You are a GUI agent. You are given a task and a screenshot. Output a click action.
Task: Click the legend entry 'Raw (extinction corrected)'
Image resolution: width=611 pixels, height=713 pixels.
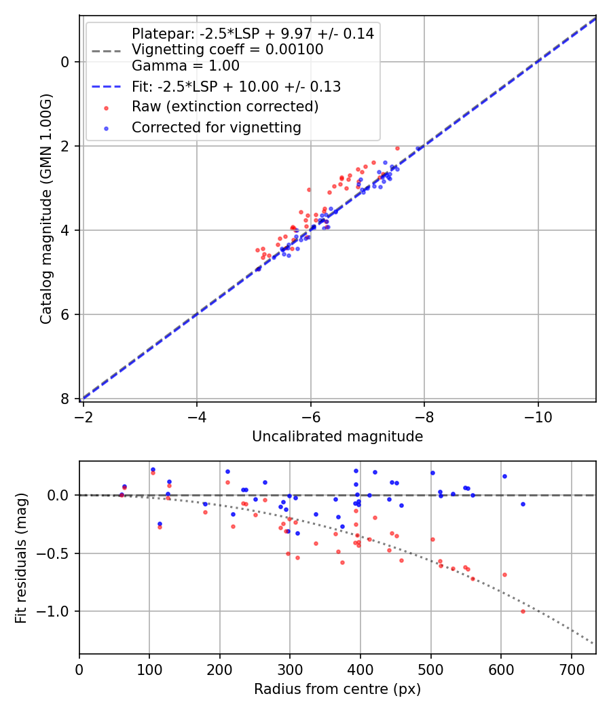225,107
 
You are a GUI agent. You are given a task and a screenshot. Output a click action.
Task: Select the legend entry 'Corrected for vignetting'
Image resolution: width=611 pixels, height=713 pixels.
216,127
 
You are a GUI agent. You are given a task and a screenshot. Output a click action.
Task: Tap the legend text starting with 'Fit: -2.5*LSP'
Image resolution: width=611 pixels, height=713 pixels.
236,86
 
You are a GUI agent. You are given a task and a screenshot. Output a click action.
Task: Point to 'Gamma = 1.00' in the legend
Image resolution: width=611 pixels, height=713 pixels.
185,66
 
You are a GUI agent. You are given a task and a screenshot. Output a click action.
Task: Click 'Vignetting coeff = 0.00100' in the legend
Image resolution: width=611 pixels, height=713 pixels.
227,50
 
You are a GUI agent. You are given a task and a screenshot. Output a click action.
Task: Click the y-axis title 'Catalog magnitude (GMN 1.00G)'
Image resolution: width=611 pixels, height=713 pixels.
45,209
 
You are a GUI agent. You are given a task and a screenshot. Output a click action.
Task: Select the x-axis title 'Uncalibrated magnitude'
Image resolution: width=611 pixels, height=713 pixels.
337,437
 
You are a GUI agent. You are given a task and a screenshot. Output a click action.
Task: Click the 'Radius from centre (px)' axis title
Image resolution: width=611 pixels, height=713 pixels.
337,689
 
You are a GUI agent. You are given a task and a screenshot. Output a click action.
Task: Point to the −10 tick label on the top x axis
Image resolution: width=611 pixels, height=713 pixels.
538,414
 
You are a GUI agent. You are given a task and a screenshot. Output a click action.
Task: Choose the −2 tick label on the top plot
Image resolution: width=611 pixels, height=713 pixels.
84,414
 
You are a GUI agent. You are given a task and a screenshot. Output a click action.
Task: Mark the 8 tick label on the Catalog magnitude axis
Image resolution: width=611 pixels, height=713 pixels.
66,399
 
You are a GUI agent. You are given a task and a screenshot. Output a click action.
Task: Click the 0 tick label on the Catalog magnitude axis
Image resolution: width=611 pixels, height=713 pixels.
66,62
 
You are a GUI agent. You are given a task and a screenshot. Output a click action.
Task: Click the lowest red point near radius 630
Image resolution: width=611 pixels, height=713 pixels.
523,611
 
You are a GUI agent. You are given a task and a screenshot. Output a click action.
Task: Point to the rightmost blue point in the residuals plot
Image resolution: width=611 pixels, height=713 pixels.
523,504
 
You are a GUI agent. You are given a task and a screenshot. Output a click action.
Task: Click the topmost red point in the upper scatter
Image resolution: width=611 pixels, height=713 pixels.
397,148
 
